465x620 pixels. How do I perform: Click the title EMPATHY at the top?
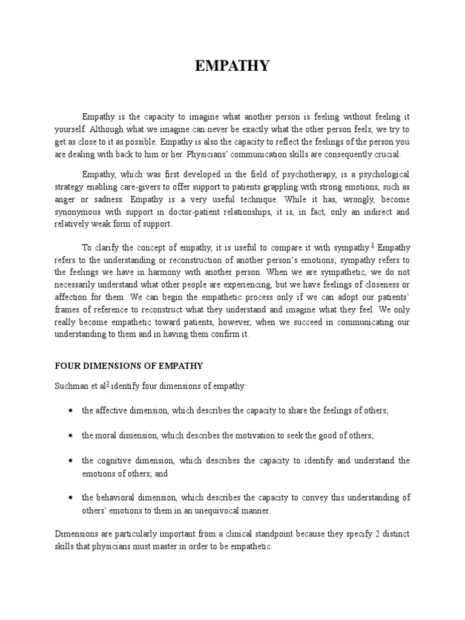point(232,67)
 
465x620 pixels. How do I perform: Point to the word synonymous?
point(77,213)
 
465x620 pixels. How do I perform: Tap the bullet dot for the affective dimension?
point(71,411)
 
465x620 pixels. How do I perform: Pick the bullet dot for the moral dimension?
point(71,436)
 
